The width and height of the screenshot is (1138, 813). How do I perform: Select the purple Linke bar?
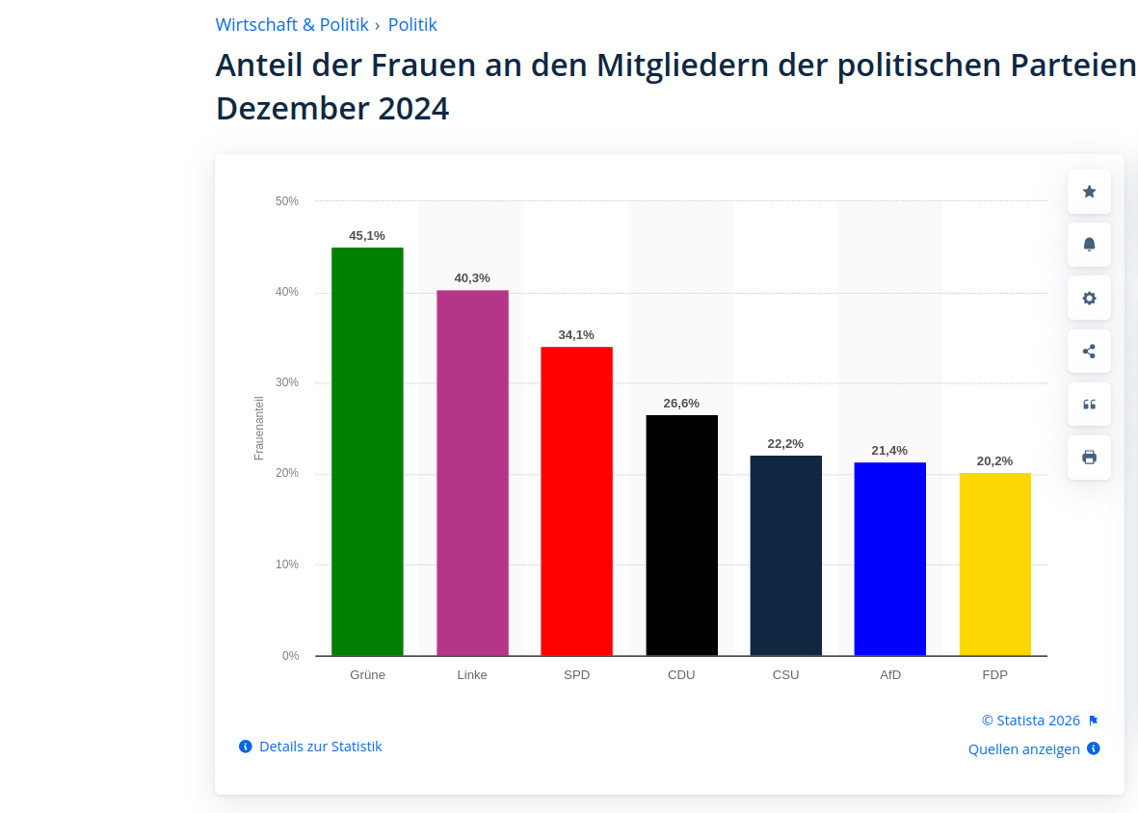pos(472,472)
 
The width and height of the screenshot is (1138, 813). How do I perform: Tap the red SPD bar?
pos(576,501)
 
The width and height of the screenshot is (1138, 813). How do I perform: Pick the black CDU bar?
pos(681,535)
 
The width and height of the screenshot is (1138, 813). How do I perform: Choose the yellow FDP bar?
pos(994,564)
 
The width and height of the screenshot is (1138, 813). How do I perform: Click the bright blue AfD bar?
pos(889,559)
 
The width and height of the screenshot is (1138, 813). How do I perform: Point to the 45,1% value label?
pos(367,235)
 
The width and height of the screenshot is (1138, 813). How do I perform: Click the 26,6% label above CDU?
pos(681,403)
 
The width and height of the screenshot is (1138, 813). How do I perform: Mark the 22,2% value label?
pos(785,443)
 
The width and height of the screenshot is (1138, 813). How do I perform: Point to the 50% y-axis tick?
pos(287,201)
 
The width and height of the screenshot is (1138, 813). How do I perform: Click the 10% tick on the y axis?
pos(287,564)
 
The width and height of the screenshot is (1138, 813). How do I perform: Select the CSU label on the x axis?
pos(785,675)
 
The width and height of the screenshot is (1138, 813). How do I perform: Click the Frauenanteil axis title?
pos(259,428)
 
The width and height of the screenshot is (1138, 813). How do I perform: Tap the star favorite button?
pos(1089,192)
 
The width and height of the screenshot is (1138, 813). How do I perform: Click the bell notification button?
pos(1089,245)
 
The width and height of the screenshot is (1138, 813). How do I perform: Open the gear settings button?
pos(1089,298)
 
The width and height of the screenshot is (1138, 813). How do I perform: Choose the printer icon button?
pos(1089,458)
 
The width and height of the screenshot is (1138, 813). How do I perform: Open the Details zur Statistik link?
pos(320,747)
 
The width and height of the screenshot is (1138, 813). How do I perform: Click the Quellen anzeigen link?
pos(1023,749)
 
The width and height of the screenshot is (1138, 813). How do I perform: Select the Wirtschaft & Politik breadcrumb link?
pos(292,25)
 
